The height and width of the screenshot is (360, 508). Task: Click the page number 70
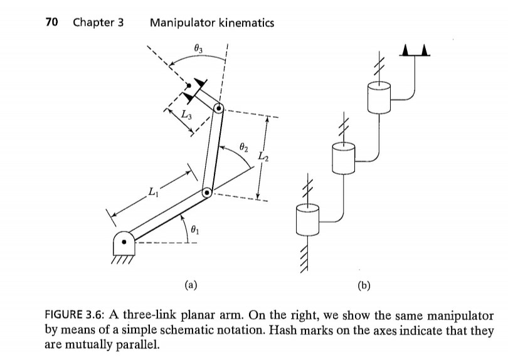coord(53,23)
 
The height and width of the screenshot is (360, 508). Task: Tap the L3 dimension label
coord(186,114)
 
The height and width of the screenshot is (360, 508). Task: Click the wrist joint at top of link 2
coord(218,109)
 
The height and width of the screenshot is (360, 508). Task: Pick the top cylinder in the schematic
coord(379,97)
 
